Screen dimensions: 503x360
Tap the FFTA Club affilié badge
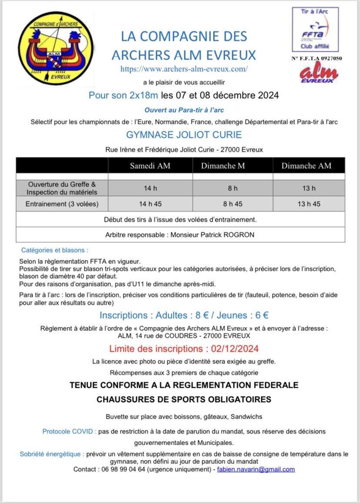pos(315,29)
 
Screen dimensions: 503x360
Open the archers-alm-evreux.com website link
pos(184,69)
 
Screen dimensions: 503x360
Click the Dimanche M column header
pos(223,166)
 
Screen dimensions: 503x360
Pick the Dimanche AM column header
pos(306,166)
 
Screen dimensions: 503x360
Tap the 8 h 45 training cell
pos(233,204)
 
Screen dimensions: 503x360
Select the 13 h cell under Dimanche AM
pos(309,188)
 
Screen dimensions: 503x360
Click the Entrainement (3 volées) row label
pos(62,204)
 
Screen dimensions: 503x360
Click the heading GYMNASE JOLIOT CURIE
pos(183,135)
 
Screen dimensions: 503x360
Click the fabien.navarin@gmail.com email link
pos(256,470)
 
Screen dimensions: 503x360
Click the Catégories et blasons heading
pos(55,250)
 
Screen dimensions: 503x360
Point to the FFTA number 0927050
pos(331,58)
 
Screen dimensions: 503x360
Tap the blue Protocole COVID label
pos(69,432)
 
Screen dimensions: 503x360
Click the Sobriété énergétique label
pos(52,454)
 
